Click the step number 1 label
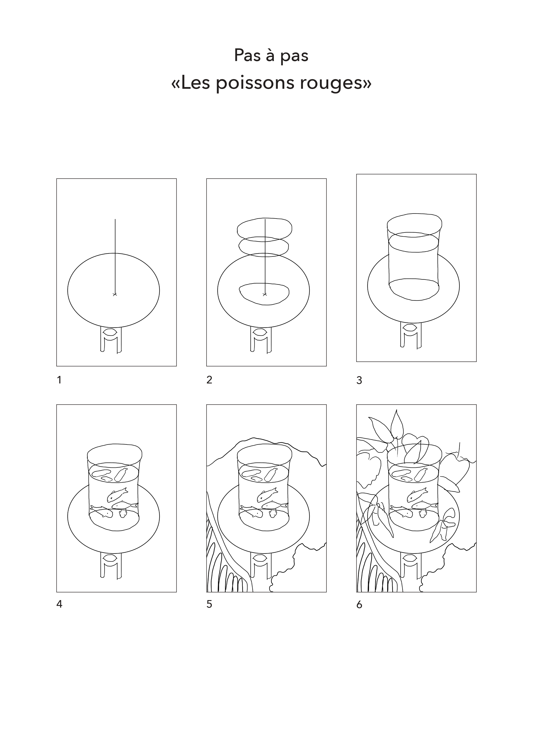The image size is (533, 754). tap(59, 380)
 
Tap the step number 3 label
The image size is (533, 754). tap(359, 380)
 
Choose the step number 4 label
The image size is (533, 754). tap(60, 604)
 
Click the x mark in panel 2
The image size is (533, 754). tap(265, 294)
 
